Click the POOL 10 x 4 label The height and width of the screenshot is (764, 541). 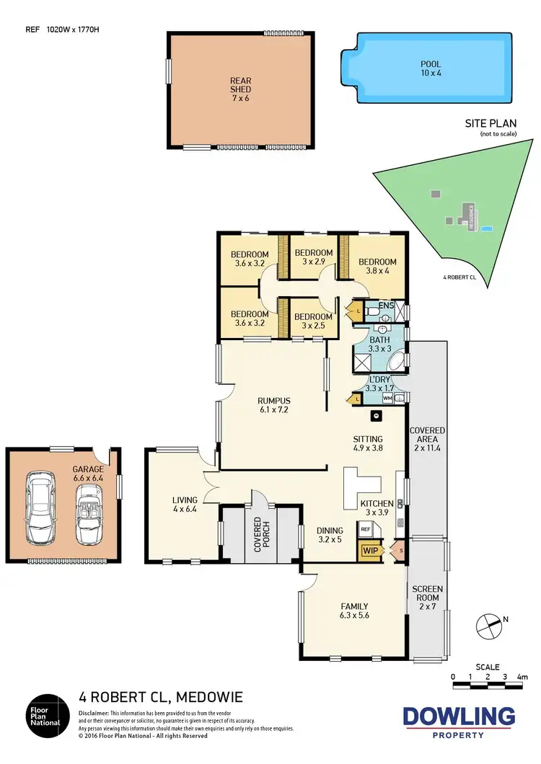pos(431,68)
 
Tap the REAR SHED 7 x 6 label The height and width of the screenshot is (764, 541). pos(241,90)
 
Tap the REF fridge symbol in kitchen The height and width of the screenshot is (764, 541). pos(366,529)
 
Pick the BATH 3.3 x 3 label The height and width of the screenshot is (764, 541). pos(379,343)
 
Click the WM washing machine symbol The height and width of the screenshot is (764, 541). pos(387,397)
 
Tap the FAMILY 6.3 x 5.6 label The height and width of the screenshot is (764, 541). pos(354,610)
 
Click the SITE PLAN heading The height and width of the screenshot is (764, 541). pos(490,125)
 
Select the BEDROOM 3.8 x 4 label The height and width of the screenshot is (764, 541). pos(377,266)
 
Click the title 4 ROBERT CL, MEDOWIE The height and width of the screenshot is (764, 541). pos(160,697)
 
